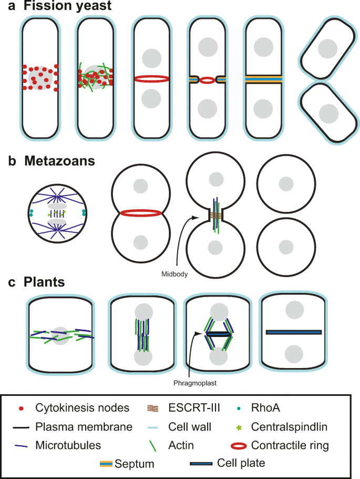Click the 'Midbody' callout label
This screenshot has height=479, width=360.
(175, 272)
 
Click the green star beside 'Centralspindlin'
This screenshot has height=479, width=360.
(254, 426)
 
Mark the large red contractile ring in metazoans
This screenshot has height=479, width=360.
(140, 213)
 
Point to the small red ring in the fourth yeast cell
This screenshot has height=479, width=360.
(208, 80)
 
